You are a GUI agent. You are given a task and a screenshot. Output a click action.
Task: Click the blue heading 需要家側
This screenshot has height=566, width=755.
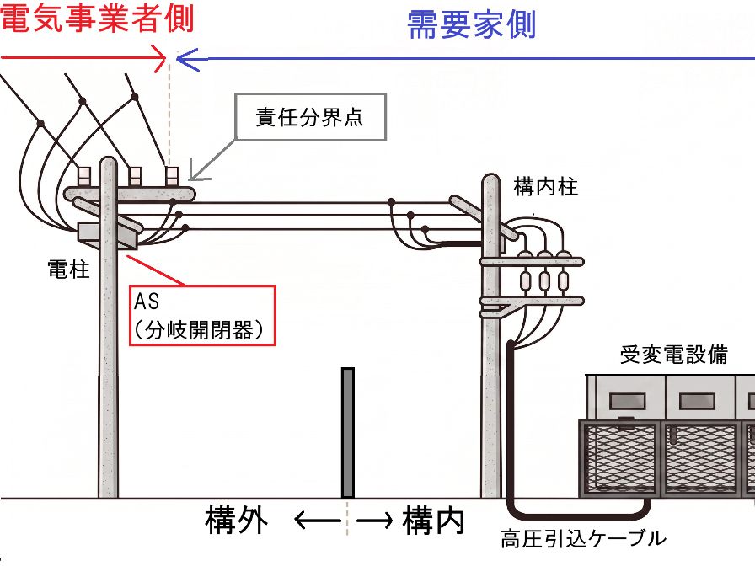471,24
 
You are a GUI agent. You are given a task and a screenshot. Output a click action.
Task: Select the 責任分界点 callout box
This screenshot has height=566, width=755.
311,117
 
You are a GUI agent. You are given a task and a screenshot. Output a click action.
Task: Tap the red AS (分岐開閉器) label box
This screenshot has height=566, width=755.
202,315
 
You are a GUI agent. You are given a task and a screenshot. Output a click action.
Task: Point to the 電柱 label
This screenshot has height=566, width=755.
68,269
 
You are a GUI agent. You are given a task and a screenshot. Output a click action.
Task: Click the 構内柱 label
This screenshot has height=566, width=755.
545,186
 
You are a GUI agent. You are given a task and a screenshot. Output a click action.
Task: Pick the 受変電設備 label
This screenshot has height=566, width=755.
673,355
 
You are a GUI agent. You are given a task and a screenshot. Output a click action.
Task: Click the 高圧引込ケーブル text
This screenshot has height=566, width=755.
583,538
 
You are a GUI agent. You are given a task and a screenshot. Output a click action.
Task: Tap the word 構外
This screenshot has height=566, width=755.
236,520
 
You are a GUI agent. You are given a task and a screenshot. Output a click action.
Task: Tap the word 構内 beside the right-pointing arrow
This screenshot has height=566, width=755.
433,520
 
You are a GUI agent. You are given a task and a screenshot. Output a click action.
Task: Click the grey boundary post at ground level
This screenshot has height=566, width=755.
348,433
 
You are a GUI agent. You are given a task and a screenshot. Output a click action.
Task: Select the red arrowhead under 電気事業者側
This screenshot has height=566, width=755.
160,58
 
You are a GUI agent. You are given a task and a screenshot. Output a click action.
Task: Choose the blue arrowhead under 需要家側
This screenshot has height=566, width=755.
187,59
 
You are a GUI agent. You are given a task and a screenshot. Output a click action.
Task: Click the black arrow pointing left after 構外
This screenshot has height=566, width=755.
318,521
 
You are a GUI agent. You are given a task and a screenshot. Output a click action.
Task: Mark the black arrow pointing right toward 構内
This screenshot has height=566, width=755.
374,521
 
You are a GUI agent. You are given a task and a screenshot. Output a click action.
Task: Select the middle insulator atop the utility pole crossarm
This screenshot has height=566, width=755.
135,176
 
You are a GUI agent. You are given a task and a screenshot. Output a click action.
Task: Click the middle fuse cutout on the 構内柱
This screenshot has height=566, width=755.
544,280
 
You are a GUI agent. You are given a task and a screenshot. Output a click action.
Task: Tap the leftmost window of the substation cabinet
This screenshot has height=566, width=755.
627,400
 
